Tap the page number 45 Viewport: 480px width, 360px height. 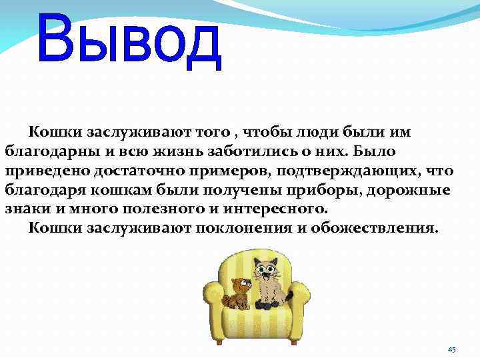click(451, 349)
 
